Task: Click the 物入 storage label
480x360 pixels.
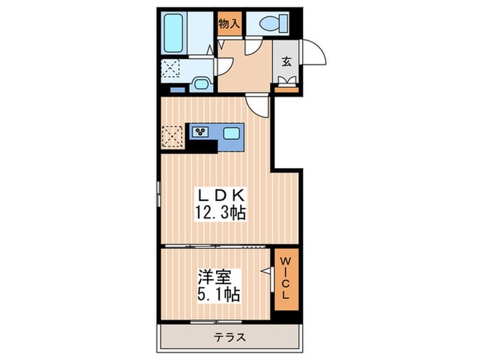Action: (x=229, y=24)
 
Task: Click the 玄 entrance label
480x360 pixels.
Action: (x=285, y=60)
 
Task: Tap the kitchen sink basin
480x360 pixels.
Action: (x=231, y=132)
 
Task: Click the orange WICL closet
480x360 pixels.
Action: (x=285, y=280)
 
